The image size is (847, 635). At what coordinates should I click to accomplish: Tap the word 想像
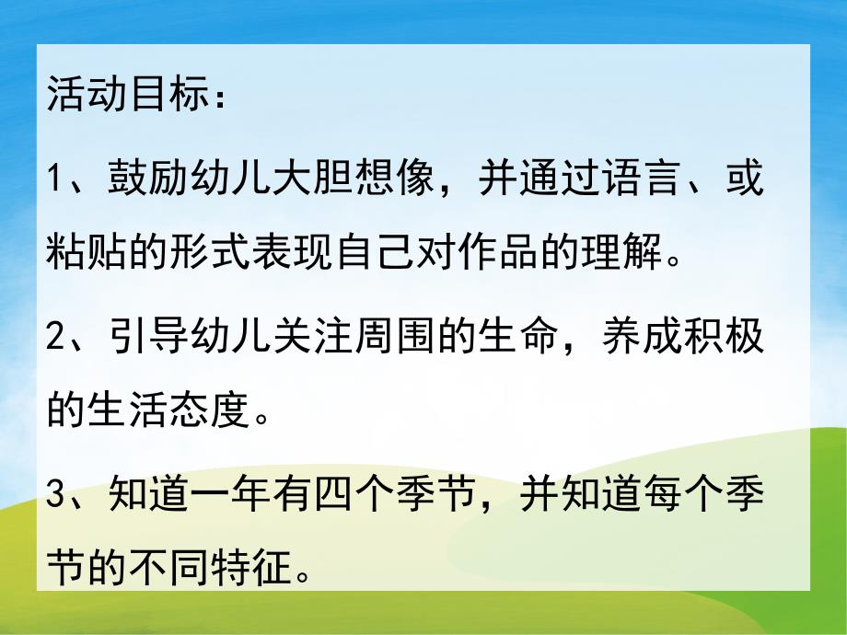[x=390, y=178]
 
